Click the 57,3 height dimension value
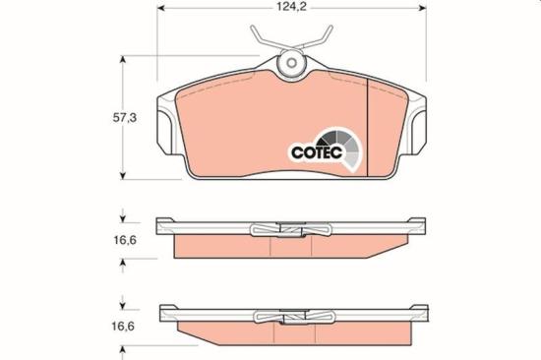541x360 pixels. click(x=125, y=118)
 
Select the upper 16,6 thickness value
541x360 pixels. click(x=125, y=240)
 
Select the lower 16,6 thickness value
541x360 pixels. click(x=123, y=327)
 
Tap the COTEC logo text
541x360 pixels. click(x=317, y=152)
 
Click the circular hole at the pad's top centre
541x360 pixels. click(x=292, y=63)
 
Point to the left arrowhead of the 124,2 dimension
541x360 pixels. click(x=160, y=8)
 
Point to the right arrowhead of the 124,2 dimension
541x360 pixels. click(x=423, y=8)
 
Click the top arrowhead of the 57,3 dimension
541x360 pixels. click(x=123, y=59)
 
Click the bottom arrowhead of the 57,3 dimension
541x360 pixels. click(x=123, y=176)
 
